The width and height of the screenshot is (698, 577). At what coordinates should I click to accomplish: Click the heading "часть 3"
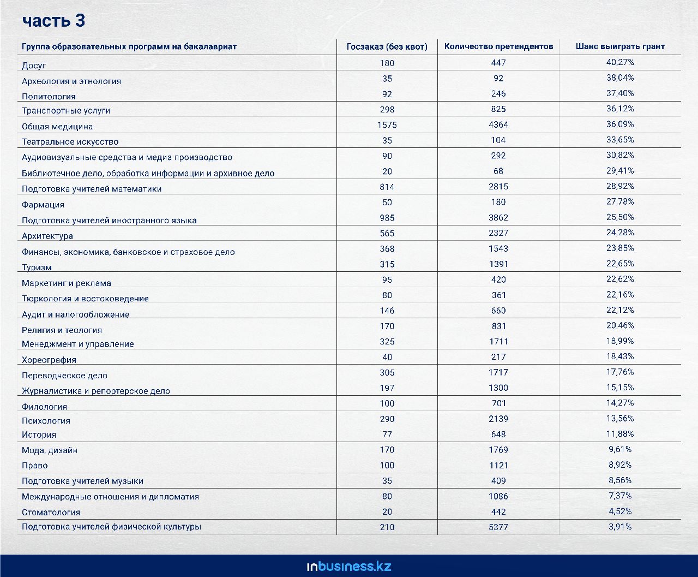click(53, 21)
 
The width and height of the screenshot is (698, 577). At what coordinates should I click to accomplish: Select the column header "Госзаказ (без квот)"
click(387, 46)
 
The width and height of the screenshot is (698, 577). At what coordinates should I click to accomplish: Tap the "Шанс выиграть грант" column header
click(620, 46)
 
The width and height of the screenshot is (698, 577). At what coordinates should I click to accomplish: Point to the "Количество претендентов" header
click(498, 46)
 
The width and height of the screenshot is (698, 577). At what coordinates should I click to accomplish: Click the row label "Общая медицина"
click(57, 127)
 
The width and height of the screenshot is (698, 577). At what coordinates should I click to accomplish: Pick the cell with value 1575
click(387, 125)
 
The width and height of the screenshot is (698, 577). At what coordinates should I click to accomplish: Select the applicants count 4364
click(498, 125)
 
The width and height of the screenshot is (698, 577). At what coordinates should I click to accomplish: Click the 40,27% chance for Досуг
click(620, 62)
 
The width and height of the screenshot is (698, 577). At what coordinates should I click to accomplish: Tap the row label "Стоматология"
click(51, 513)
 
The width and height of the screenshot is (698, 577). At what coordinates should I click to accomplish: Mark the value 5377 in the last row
click(498, 527)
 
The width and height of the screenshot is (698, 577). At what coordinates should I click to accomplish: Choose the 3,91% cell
click(620, 527)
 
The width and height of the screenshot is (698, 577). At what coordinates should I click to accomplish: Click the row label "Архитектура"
click(47, 236)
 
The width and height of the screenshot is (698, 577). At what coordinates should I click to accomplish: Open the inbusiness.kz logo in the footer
click(349, 566)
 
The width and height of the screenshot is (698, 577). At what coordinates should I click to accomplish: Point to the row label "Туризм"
click(37, 267)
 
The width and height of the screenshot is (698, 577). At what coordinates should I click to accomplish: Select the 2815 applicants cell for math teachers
click(498, 187)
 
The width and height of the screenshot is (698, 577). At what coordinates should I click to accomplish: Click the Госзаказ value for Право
click(387, 466)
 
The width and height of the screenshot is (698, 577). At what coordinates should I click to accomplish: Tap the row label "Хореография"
click(49, 360)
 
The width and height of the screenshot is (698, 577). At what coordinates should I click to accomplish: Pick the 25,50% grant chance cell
click(620, 217)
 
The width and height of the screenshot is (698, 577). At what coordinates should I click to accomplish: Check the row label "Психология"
click(46, 421)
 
